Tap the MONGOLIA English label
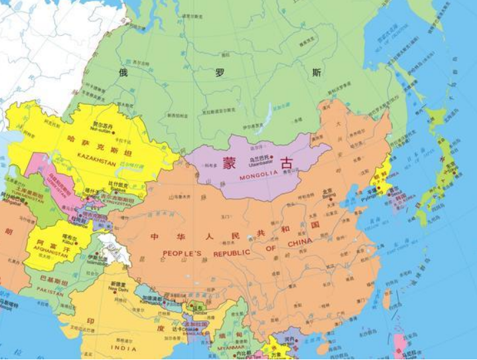tap(257, 174)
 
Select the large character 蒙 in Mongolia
tap(230, 162)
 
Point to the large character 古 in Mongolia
tap(286, 162)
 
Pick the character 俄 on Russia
tap(122, 72)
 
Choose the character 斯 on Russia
tap(316, 72)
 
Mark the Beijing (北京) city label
tap(327, 192)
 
